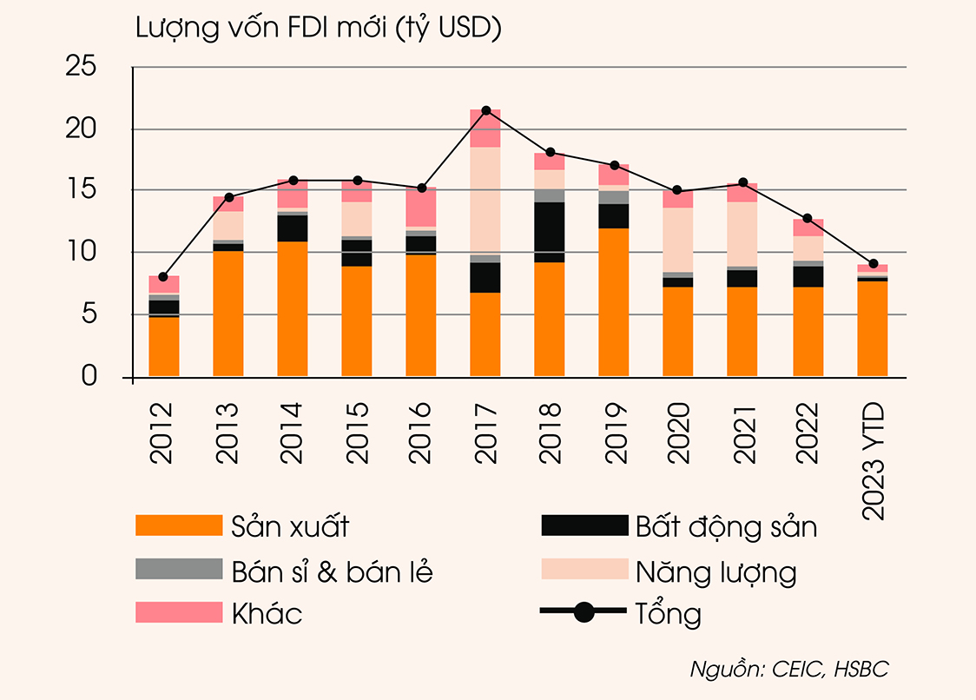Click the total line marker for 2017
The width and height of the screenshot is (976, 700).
pyautogui.click(x=485, y=110)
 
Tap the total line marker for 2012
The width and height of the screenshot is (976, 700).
pyautogui.click(x=163, y=276)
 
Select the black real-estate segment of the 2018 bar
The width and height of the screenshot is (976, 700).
pyautogui.click(x=550, y=232)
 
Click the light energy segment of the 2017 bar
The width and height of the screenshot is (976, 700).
pyautogui.click(x=485, y=201)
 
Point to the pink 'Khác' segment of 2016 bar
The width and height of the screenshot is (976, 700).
pyautogui.click(x=421, y=207)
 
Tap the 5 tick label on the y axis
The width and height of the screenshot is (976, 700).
pyautogui.click(x=91, y=314)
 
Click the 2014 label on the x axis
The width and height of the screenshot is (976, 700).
pyautogui.click(x=293, y=432)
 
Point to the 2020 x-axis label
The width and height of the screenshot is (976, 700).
pyautogui.click(x=678, y=432)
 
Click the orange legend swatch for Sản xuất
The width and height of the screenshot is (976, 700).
pyautogui.click(x=179, y=525)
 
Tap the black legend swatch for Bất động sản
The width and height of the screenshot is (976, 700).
pyautogui.click(x=584, y=525)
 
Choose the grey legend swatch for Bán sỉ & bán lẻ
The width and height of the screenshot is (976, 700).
pyautogui.click(x=179, y=570)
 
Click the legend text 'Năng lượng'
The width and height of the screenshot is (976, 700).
pyautogui.click(x=716, y=571)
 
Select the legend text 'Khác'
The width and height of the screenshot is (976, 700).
pyautogui.click(x=267, y=613)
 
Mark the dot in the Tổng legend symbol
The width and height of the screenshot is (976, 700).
pyautogui.click(x=584, y=612)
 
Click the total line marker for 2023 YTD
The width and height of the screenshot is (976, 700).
pyautogui.click(x=873, y=263)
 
